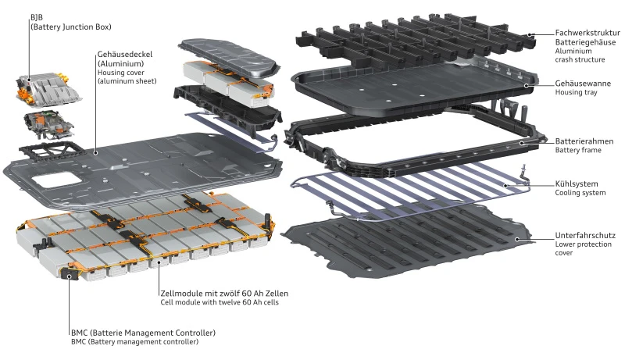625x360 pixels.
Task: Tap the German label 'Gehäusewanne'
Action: [x=582, y=83]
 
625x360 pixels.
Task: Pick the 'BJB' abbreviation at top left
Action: [x=37, y=17]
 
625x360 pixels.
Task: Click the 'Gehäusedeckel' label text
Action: [x=124, y=55]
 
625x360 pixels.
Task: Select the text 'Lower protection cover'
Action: [x=583, y=248]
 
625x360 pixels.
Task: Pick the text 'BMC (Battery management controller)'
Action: [x=134, y=342]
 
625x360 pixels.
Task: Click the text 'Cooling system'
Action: [x=580, y=192]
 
